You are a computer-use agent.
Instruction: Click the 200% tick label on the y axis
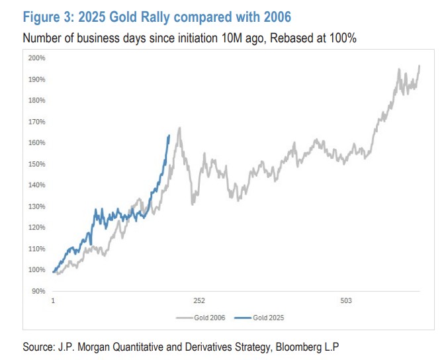coord(36,58)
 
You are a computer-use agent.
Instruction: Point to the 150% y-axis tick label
coord(36,164)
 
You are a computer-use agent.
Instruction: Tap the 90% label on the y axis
coord(38,291)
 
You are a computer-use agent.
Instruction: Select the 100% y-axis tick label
coord(36,270)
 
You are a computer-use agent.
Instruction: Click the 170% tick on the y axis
coord(36,122)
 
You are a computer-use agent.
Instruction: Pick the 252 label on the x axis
coord(200,301)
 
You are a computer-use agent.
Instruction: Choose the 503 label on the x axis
coord(346,301)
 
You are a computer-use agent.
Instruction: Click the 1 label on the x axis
coord(54,301)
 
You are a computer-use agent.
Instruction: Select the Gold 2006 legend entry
coord(202,318)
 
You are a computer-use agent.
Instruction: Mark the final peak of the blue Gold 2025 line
coord(169,136)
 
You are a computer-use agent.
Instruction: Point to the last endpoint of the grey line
coord(420,66)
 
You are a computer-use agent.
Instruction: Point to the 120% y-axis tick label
coord(36,228)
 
